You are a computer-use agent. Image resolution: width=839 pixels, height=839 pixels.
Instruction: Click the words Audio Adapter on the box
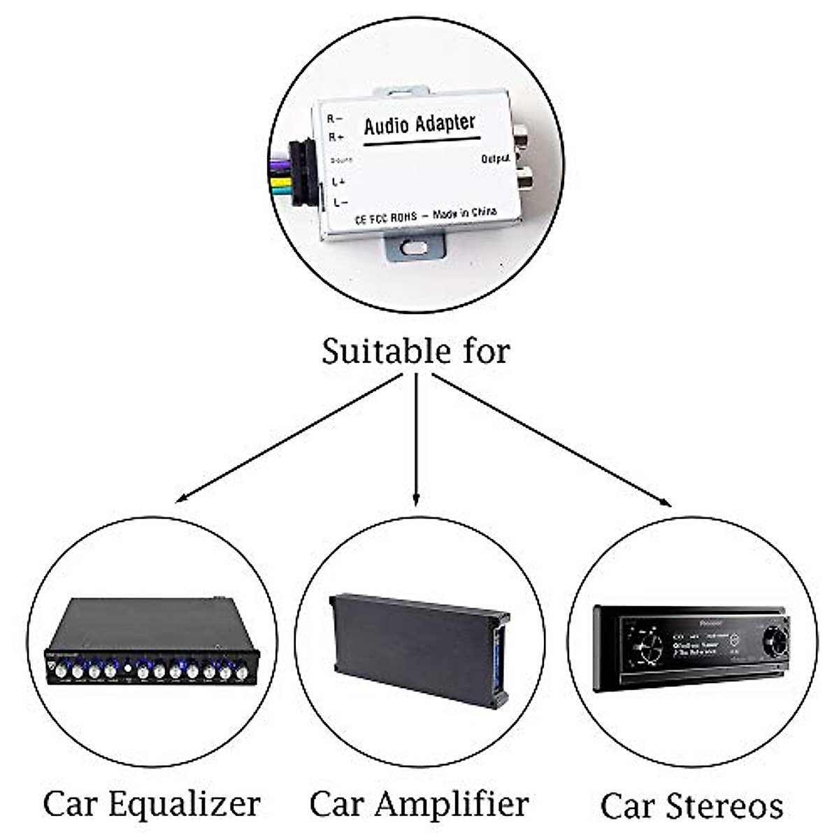tap(419, 125)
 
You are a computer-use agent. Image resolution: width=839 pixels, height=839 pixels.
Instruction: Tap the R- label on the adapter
tap(335, 119)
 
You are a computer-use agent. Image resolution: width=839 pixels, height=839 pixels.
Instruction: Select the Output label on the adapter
tap(495, 159)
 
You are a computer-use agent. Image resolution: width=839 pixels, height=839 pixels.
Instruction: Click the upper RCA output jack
tap(522, 135)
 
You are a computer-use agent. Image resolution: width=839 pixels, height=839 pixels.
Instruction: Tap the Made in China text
tap(464, 213)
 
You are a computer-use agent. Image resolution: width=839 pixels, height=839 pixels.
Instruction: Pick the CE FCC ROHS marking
tap(385, 218)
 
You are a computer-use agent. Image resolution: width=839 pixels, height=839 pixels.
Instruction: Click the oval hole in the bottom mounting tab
tap(415, 247)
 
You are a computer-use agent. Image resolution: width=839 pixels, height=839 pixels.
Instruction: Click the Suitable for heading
tap(416, 351)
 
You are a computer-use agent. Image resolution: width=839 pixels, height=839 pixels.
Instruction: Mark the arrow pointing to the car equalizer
tap(287, 438)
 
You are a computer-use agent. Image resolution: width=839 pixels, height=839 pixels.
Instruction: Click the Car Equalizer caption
tap(152, 804)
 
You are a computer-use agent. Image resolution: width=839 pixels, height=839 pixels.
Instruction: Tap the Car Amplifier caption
tap(419, 804)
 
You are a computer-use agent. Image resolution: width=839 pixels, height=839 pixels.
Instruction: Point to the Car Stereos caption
tap(691, 805)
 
